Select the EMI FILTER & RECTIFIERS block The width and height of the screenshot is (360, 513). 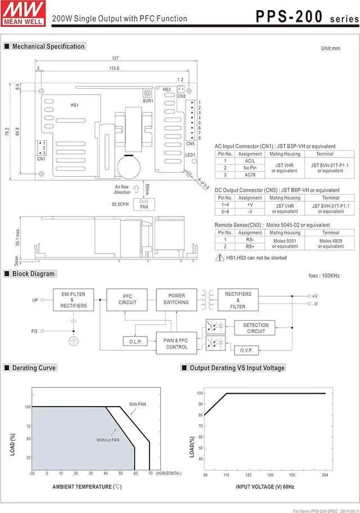tap(73, 300)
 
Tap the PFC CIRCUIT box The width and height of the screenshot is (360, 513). tap(127, 299)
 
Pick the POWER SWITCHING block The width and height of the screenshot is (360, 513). tap(176, 299)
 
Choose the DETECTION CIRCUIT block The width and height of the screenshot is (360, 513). tap(256, 328)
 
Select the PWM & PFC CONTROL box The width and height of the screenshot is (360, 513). tap(177, 343)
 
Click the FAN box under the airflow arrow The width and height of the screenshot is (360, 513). tap(145, 205)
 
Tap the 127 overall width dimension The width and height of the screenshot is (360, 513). tap(115, 58)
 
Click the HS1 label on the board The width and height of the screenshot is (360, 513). tap(74, 105)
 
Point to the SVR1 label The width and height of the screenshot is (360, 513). tap(147, 101)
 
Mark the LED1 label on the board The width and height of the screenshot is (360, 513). tap(190, 155)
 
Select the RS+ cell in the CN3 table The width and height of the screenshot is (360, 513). tap(250, 246)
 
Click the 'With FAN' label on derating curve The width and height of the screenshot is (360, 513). tap(137, 404)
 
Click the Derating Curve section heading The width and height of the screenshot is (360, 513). tap(34, 368)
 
